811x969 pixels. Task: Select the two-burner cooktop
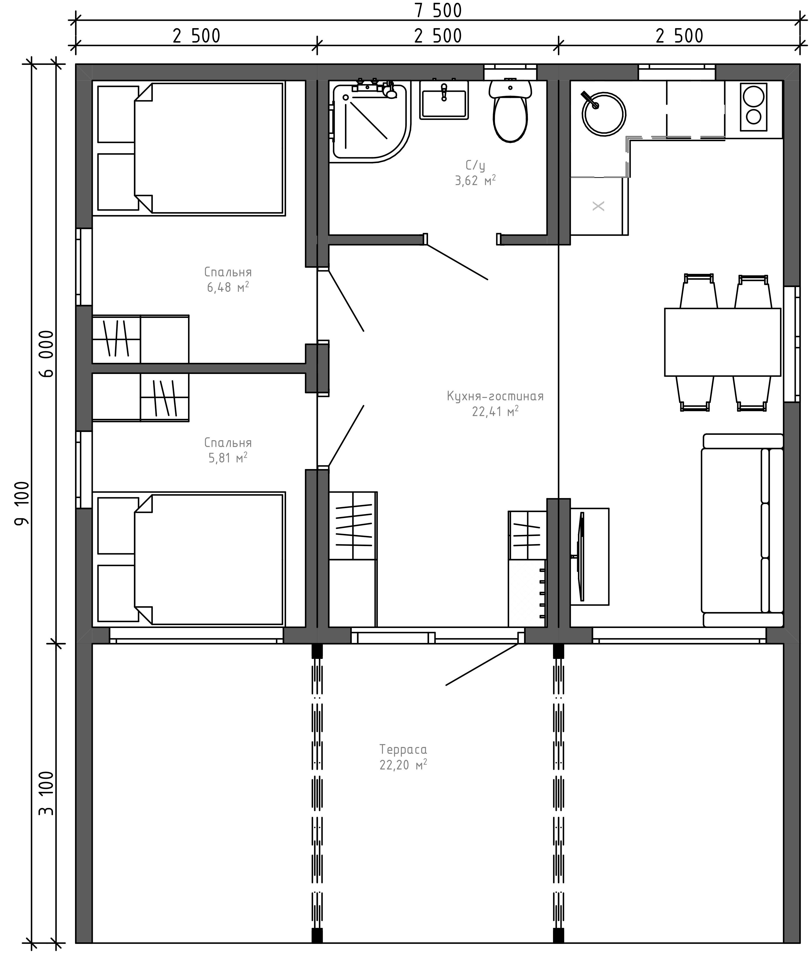(753, 106)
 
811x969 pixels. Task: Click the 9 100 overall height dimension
(22, 504)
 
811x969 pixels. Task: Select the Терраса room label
(403, 749)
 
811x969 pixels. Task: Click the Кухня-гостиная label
(495, 396)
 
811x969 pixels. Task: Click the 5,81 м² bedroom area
(228, 458)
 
